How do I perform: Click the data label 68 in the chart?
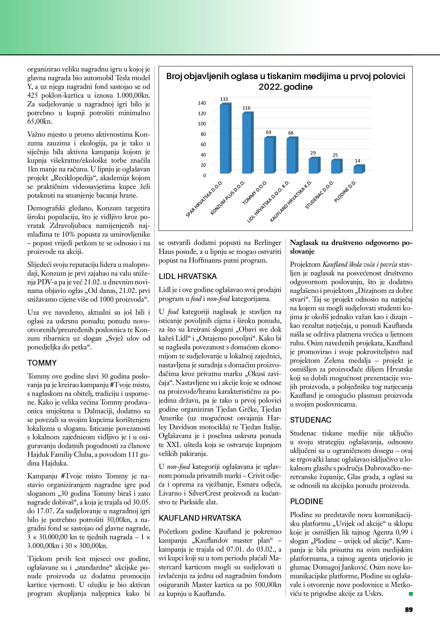tap(291, 133)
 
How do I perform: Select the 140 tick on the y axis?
tap(202, 103)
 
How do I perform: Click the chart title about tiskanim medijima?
tap(286, 81)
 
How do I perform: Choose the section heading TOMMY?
tap(42, 363)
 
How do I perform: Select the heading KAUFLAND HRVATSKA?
tap(200, 518)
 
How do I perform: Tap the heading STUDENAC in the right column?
tap(311, 420)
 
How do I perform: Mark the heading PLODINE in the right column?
tap(307, 502)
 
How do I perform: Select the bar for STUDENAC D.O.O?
tap(336, 167)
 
